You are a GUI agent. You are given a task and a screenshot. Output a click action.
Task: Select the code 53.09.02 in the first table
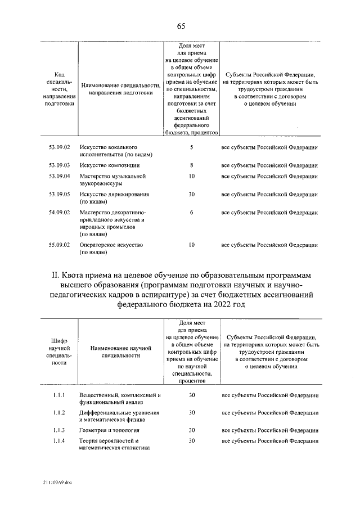[x=59, y=147]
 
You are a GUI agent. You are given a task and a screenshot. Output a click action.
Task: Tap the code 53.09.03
[x=59, y=165]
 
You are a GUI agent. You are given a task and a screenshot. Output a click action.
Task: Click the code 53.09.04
[x=59, y=177]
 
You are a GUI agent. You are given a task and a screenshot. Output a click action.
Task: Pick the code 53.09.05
[x=59, y=195]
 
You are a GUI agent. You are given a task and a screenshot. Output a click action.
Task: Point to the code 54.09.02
[x=59, y=213]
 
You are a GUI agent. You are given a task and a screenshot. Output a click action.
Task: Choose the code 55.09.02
[x=59, y=245]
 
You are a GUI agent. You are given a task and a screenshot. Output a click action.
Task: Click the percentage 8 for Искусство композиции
[x=192, y=165]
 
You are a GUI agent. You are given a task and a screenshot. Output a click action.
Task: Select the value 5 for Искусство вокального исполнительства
[x=192, y=147]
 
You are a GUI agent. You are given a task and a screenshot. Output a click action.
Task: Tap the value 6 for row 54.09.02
[x=192, y=213]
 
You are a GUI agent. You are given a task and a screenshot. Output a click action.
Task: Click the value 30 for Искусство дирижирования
[x=192, y=195]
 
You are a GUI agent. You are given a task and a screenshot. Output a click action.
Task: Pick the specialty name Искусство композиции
[x=110, y=165]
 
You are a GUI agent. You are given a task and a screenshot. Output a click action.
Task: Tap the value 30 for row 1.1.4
[x=192, y=441]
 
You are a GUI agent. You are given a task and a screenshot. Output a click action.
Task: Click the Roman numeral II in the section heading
[x=56, y=276]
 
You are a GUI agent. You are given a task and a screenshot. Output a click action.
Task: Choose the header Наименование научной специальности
[x=118, y=353]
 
